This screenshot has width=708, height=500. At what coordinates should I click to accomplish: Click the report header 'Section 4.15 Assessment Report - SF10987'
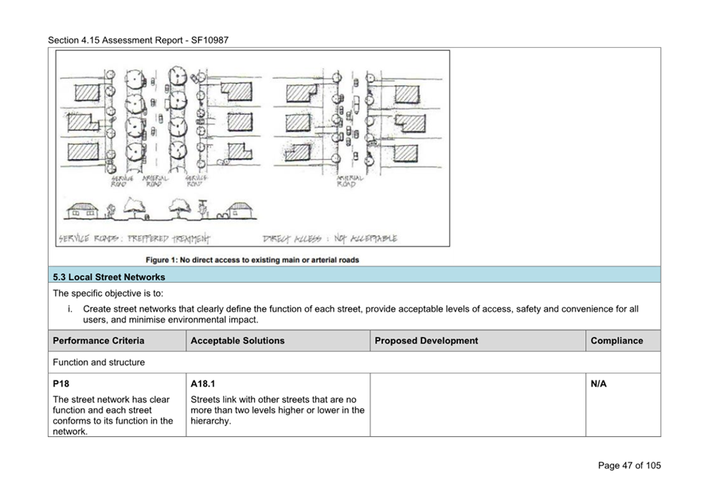click(x=138, y=40)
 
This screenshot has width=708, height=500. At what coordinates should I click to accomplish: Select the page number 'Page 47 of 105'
click(x=628, y=466)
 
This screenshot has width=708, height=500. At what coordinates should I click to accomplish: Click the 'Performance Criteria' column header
click(x=99, y=341)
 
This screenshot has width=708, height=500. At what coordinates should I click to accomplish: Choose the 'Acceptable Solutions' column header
click(x=237, y=341)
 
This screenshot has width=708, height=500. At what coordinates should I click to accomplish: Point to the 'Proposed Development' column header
click(x=426, y=341)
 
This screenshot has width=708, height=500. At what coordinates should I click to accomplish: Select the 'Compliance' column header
click(x=616, y=341)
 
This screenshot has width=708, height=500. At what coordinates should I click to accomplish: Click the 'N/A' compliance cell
click(x=599, y=384)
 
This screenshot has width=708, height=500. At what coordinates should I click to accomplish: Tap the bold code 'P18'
click(x=61, y=384)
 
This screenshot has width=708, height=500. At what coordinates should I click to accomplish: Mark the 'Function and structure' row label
click(x=99, y=362)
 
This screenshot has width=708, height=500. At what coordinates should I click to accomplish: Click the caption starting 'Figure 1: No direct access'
click(x=252, y=260)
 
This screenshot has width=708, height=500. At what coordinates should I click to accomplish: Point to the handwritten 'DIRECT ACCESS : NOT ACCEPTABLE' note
click(x=330, y=238)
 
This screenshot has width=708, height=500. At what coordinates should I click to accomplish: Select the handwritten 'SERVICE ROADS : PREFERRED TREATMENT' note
click(x=134, y=238)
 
